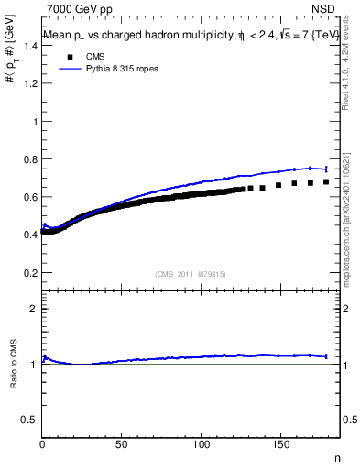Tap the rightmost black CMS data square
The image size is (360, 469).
(x=326, y=181)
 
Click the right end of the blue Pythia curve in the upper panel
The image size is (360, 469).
(x=326, y=169)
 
